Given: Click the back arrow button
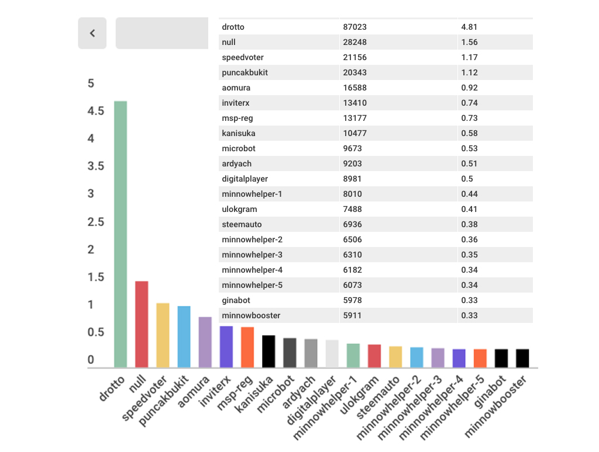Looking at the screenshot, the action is point(92,33).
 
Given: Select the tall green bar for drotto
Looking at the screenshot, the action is point(121,234).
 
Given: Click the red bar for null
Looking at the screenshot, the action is point(142,324).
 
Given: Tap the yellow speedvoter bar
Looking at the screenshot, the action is point(163,335).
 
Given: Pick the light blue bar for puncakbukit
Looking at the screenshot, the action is point(184,336).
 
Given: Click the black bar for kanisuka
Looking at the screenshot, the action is point(268,352).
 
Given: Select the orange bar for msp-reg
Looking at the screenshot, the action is point(247,347).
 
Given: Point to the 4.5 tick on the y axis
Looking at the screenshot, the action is point(95,111).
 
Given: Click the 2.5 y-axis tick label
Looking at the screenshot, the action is point(95,222).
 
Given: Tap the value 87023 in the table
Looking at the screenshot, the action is point(354,27).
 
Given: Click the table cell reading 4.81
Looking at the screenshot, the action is point(469,27).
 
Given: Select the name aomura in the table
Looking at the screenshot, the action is point(236,88).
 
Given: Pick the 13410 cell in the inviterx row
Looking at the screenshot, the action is point(354,103).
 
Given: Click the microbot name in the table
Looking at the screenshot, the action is point(239,148).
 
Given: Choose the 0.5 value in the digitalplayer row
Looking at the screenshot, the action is point(467,179).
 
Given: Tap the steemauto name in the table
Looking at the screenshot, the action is point(242,224).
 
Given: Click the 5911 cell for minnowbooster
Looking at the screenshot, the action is point(352,315).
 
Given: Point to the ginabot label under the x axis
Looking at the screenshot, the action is point(490,391).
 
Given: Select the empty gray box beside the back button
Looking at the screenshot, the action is point(162,33).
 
